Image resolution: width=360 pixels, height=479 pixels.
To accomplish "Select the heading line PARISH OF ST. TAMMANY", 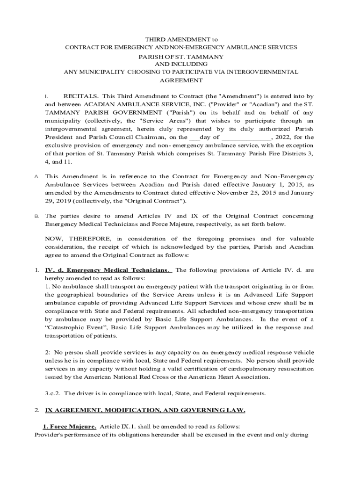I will pyautogui.click(x=180, y=57).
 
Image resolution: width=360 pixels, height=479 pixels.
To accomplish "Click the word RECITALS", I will pyautogui.click(x=80, y=96).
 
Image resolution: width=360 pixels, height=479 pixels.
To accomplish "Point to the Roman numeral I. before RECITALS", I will pyautogui.click(x=46, y=96).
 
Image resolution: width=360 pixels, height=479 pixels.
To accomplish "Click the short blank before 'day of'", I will pyautogui.click(x=194, y=138).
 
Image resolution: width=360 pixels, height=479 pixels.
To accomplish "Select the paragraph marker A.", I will pyautogui.click(x=36, y=177).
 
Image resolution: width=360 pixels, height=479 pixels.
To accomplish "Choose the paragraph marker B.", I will pyautogui.click(x=36, y=217).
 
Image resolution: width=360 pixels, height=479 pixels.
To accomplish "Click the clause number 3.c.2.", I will pyautogui.click(x=54, y=393).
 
